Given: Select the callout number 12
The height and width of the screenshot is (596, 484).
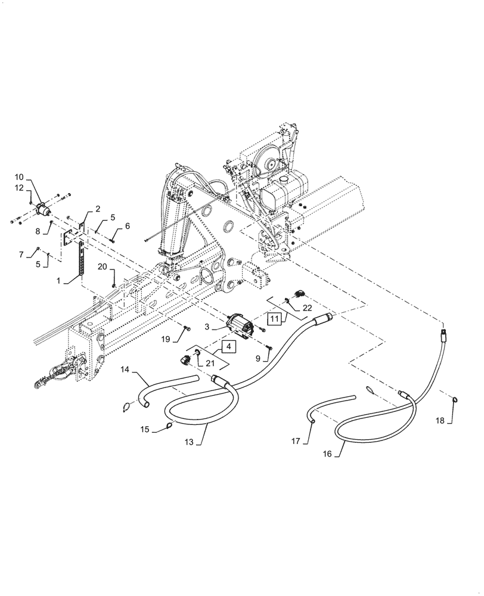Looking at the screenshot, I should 19,188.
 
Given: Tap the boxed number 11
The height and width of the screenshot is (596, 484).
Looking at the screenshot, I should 274,319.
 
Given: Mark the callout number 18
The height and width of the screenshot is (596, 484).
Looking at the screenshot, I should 440,421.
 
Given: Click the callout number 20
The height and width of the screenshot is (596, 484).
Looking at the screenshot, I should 102,266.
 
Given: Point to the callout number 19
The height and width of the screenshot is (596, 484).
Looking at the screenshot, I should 166,339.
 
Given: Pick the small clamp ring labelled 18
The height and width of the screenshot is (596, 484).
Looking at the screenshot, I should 455,401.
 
